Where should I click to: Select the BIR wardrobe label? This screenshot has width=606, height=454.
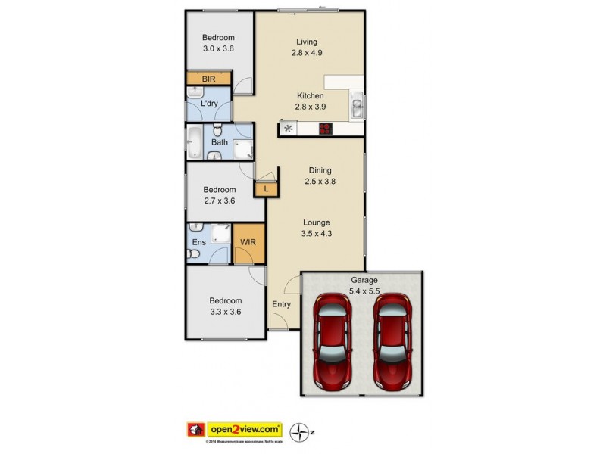pos(209,79)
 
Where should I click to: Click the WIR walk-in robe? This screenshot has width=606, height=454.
pos(248,242)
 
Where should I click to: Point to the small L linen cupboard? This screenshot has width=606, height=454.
pos(266,188)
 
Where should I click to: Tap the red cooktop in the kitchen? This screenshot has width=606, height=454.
pos(326,129)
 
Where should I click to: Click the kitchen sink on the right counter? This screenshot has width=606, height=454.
pos(358,104)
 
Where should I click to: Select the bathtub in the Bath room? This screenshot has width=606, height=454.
pos(194,142)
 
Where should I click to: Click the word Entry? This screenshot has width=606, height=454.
pos(281,304)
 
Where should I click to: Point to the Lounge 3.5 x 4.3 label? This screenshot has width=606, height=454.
pos(316,228)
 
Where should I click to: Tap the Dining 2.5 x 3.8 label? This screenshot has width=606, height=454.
pos(319,176)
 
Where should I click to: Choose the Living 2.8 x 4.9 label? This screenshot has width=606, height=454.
pos(307,47)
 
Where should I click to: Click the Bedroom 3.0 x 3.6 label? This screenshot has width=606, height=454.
pos(218,43)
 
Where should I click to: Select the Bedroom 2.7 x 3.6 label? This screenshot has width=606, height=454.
pos(219,195)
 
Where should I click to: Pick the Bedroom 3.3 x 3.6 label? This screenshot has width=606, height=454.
pos(226,305)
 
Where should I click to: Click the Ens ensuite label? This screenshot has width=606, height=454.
pos(198,242)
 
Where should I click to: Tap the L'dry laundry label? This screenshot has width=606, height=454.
pos(211,104)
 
